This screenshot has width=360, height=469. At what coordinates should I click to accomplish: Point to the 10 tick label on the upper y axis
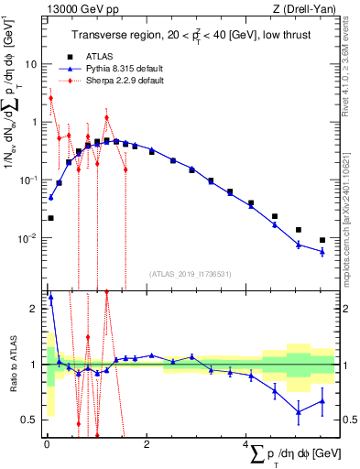tap(30, 65)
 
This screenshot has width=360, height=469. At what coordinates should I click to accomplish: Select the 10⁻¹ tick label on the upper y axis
tap(27, 180)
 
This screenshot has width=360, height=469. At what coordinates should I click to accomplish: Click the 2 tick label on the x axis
tap(146, 446)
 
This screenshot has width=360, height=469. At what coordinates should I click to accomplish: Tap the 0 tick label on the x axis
tap(47, 446)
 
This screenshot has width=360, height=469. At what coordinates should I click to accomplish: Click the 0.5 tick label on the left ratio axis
tap(27, 420)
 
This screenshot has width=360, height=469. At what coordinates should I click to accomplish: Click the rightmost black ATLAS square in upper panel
tap(322, 240)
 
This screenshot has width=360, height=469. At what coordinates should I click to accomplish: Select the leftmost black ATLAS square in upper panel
tap(50, 218)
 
